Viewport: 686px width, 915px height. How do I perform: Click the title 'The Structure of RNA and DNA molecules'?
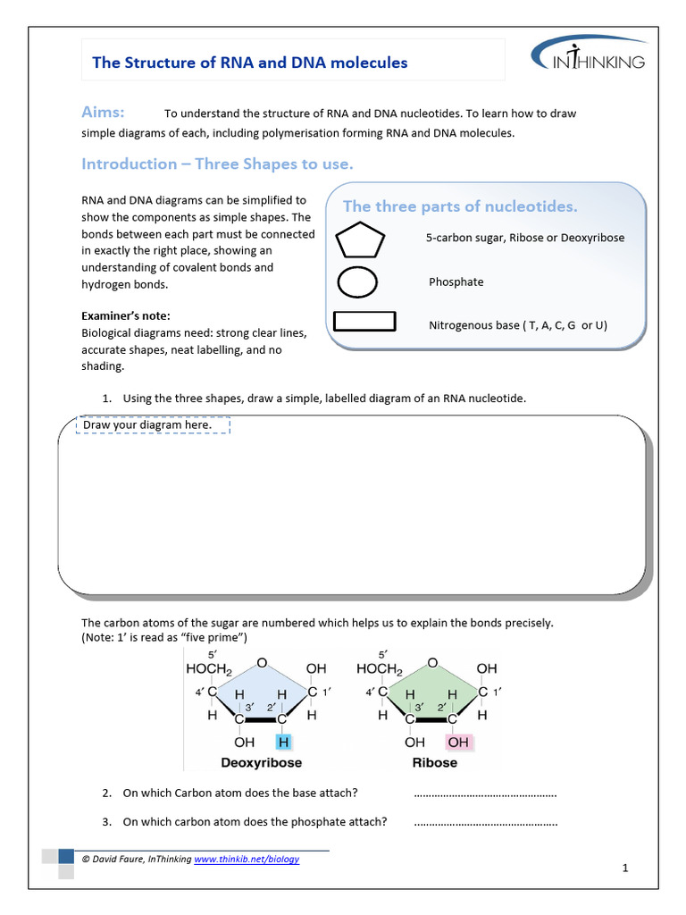pyautogui.click(x=250, y=63)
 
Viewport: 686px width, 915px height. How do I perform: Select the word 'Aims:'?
pyautogui.click(x=103, y=112)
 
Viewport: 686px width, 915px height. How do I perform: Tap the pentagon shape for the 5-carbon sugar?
pyautogui.click(x=360, y=240)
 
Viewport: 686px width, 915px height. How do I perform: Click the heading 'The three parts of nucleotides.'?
pyautogui.click(x=460, y=206)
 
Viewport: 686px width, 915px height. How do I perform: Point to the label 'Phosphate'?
pyautogui.click(x=456, y=282)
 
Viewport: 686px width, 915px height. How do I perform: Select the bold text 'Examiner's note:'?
pyautogui.click(x=125, y=316)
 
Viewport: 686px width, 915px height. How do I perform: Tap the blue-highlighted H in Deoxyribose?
pyautogui.click(x=283, y=742)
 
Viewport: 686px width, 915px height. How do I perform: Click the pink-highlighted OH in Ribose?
pyautogui.click(x=458, y=742)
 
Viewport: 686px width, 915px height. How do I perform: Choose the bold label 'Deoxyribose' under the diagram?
pyautogui.click(x=262, y=763)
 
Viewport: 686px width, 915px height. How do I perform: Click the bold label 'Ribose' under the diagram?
pyautogui.click(x=435, y=763)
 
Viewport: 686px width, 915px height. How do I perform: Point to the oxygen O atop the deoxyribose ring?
pyautogui.click(x=261, y=662)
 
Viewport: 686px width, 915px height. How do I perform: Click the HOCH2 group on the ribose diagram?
pyautogui.click(x=380, y=668)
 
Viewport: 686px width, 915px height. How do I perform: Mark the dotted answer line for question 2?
pyautogui.click(x=486, y=793)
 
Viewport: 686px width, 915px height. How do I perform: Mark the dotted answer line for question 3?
pyautogui.click(x=486, y=822)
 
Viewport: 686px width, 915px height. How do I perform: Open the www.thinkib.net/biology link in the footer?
pyautogui.click(x=247, y=860)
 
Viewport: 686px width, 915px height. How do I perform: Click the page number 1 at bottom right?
pyautogui.click(x=626, y=868)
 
